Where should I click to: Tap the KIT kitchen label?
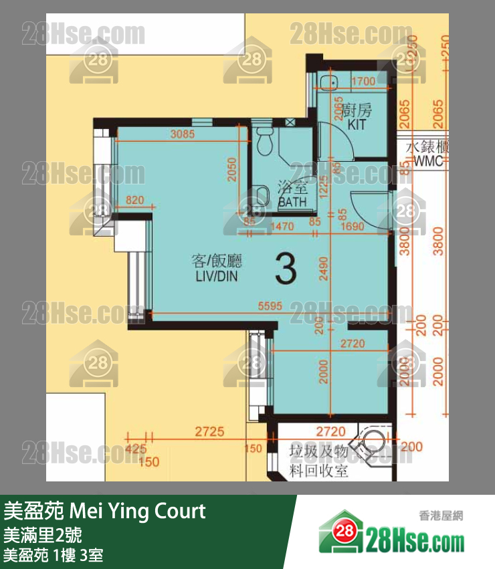tap(357, 124)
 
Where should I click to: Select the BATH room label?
tap(292, 201)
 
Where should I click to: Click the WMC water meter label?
tap(428, 161)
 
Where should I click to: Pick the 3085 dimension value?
tap(182, 134)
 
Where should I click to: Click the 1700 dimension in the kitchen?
tap(363, 83)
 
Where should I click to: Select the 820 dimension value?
tap(135, 199)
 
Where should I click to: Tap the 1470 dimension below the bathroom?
tap(282, 227)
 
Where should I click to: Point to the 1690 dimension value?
tap(352, 227)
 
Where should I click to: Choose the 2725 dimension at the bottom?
tap(209, 432)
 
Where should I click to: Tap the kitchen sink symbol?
tap(328, 83)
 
